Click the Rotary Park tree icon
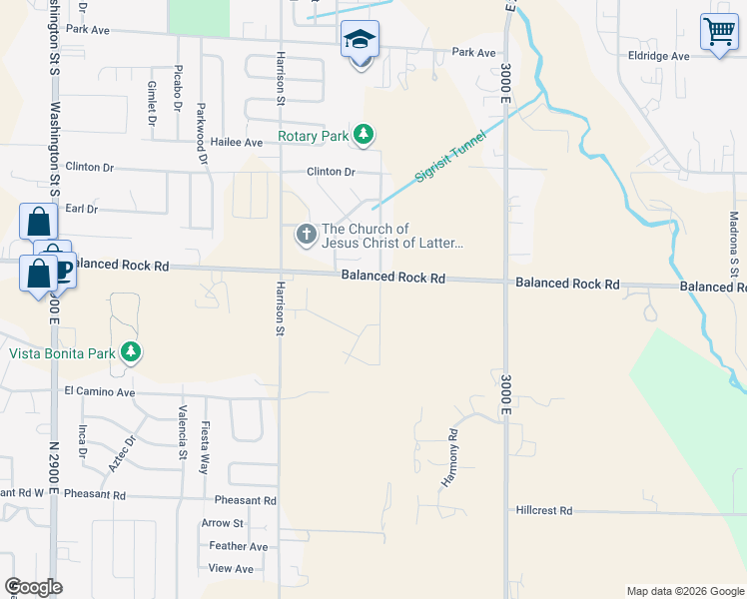pos(365,134)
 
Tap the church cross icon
pos(306,236)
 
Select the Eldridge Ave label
pos(660,56)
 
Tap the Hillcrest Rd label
pos(544,510)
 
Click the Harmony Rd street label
pos(450,459)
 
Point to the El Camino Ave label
pos(99,392)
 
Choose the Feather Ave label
pos(239,546)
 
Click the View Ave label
pos(232,568)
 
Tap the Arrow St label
pos(223,522)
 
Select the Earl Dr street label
pos(81,209)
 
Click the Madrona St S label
pos(734,243)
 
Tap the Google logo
pos(33,587)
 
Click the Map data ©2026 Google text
pos(684,591)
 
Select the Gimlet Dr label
pos(152,104)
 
